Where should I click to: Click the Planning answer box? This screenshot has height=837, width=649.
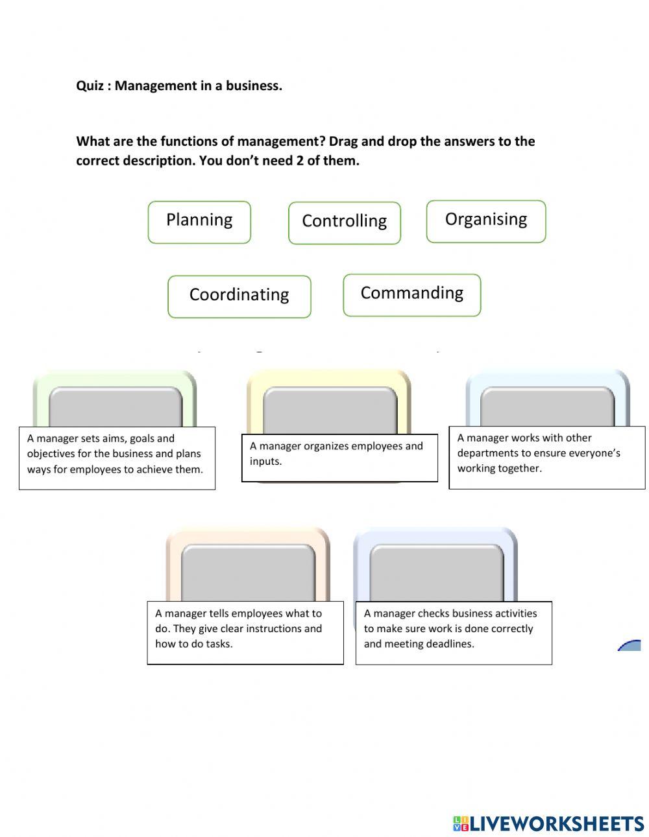coord(199,222)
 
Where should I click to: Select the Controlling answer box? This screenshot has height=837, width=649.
coord(345,223)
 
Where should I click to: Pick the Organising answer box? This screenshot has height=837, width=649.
coord(486,222)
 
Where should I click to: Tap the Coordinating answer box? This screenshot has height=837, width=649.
coord(239,296)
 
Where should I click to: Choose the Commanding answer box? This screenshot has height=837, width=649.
coord(412,295)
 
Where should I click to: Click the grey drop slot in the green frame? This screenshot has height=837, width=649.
coord(116,407)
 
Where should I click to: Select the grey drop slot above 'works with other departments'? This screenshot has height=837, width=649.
coord(547,407)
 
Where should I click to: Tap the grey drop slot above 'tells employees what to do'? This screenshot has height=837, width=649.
coord(248,572)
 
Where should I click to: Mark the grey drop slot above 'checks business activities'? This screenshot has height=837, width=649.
coord(436,572)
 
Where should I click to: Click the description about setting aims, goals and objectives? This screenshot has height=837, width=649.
coord(117,458)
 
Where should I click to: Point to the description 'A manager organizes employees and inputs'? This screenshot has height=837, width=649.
coord(339,458)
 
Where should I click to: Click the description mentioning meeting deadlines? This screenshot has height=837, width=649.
coord(454,632)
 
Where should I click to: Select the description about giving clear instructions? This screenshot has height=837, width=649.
coord(245,632)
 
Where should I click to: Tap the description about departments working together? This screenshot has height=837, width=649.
coord(547,457)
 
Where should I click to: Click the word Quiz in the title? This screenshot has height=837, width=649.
coord(90,86)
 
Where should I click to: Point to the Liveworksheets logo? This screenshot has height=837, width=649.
coord(548,823)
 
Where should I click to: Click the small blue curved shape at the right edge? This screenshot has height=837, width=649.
coord(630,645)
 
